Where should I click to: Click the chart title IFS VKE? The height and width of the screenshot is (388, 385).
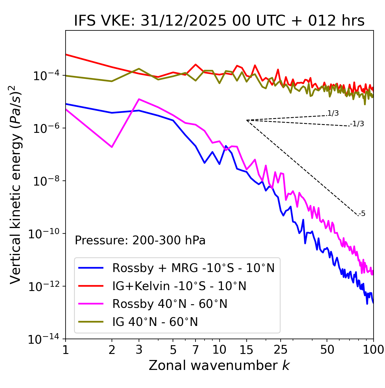219,21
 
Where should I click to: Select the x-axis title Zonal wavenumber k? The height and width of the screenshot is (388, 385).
219,365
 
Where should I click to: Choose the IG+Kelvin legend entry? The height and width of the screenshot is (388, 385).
179,286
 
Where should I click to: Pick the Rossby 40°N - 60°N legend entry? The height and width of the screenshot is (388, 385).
170,304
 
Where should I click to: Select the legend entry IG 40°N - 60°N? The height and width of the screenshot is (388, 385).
155,322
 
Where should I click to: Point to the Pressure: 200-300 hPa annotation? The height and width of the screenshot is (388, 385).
140,240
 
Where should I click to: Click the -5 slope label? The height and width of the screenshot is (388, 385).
362,214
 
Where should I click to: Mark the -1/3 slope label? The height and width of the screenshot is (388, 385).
357,124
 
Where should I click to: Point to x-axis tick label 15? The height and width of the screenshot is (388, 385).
246,350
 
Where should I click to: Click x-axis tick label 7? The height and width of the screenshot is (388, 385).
196,350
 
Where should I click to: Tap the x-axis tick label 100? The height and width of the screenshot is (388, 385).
373,350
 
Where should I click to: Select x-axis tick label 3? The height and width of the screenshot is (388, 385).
139,350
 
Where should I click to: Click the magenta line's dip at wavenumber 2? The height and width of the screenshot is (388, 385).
112,147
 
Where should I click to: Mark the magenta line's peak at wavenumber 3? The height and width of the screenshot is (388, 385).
139,99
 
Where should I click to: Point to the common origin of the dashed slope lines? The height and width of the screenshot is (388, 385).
246,120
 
